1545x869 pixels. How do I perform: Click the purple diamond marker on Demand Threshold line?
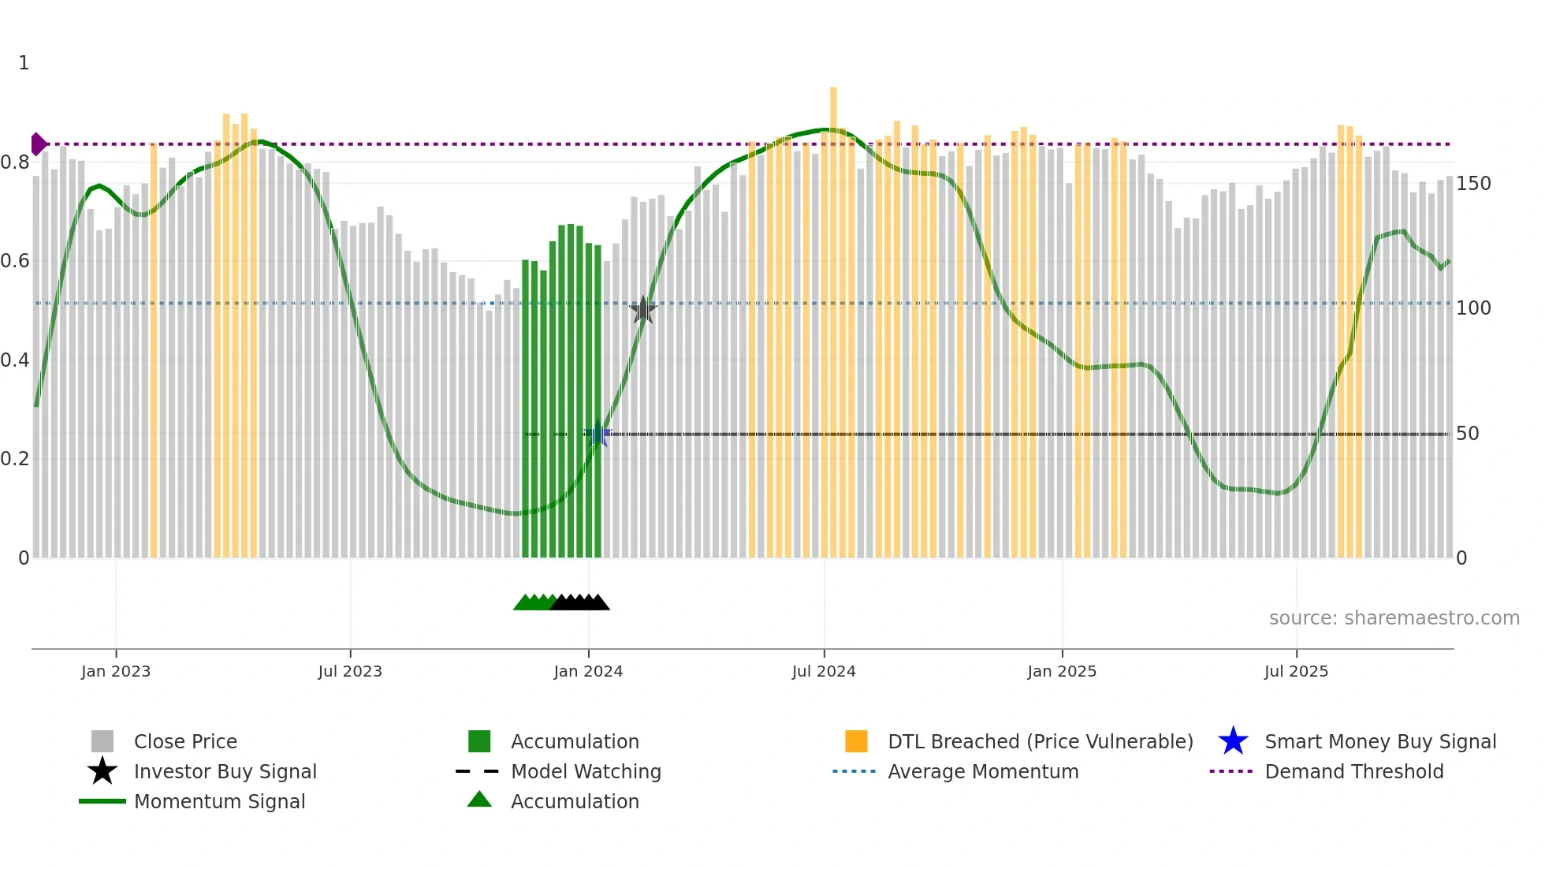(x=38, y=144)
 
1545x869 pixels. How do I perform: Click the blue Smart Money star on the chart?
(x=598, y=434)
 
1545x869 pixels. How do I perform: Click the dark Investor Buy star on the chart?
(x=643, y=311)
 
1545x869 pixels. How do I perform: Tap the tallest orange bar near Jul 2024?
(x=833, y=315)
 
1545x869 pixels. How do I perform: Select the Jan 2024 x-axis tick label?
(x=588, y=671)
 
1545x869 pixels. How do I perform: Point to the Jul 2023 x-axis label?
(x=350, y=671)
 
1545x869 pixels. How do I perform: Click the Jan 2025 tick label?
(x=1062, y=671)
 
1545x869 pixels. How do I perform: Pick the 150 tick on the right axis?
(x=1473, y=184)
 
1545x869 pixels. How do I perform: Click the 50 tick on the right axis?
(x=1467, y=434)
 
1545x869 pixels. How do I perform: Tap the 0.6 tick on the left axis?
(x=16, y=261)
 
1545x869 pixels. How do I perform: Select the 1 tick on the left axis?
(x=24, y=63)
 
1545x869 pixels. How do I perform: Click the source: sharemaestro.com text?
(x=1394, y=618)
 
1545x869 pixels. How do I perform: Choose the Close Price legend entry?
(x=185, y=741)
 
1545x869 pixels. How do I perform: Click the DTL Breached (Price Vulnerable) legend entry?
(x=1040, y=741)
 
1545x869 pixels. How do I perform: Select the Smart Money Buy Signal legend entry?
(x=1379, y=741)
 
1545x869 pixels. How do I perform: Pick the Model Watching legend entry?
(x=586, y=771)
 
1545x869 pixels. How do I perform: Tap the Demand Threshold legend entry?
(x=1353, y=771)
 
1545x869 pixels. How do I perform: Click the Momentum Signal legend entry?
(x=219, y=801)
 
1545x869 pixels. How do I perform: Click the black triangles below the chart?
(x=581, y=602)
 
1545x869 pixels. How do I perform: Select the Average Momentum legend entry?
(x=982, y=771)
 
